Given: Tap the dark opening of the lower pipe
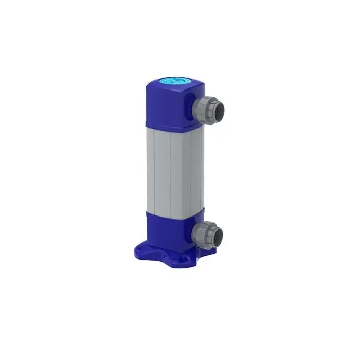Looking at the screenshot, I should tap(220, 236).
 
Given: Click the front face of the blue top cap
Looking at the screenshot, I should tap(167, 105).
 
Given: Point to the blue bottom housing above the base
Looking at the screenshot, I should tap(170, 229).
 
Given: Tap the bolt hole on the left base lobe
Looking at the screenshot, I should tap(131, 253).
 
